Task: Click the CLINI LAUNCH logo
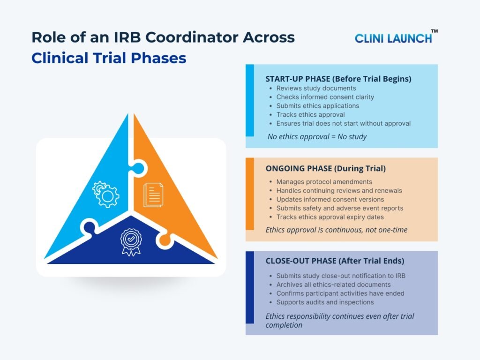coord(393,38)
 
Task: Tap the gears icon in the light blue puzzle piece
coord(106,194)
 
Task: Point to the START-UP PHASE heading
coord(338,79)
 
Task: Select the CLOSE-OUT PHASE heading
coord(335,261)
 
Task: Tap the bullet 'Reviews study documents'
coord(316,88)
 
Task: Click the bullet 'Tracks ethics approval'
coord(310,114)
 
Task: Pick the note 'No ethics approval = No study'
coord(316,137)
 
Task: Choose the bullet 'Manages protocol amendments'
coord(324,181)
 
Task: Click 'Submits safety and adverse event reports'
coord(339,208)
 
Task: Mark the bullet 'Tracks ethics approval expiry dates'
coord(330,217)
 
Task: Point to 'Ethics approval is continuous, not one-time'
coord(337,230)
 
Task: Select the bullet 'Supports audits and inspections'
coord(325,302)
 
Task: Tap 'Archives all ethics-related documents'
coord(333,285)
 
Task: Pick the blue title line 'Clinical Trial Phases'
coord(109,58)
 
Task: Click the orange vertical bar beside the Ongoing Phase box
coord(249,194)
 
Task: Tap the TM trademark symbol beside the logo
coord(435,31)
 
